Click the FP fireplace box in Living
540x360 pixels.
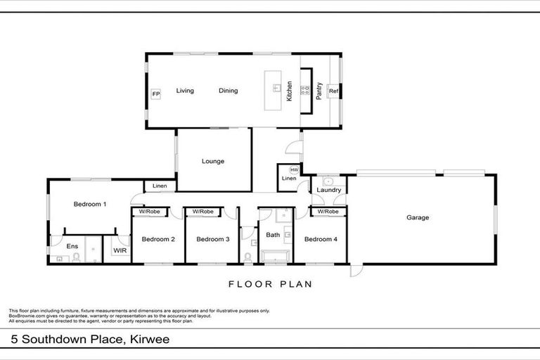tap(156, 94)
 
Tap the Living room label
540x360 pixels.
tap(185, 91)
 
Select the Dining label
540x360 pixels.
tap(228, 91)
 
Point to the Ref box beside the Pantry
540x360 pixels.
tap(334, 91)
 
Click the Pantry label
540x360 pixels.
tap(319, 91)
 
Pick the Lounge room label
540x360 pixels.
tap(213, 162)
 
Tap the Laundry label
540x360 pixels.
tap(329, 191)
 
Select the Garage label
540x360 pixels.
tap(418, 218)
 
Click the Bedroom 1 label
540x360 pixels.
tap(90, 205)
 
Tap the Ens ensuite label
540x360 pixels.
tap(72, 247)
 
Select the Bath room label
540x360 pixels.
tap(273, 236)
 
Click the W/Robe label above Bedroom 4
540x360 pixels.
tap(328, 212)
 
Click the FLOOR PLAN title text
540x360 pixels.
tap(270, 285)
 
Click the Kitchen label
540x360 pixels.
tap(289, 91)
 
